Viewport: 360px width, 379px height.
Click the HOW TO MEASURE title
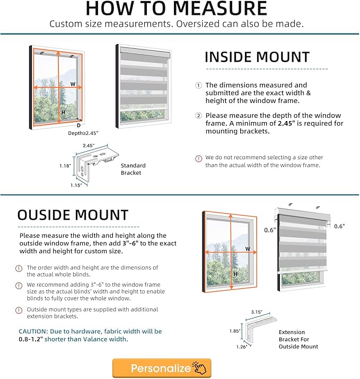(177, 9)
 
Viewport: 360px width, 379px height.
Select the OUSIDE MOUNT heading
(73, 215)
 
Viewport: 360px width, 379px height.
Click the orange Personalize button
(162, 368)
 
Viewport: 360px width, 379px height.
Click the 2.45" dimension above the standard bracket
(89, 145)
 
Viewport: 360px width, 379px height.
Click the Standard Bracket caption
(133, 169)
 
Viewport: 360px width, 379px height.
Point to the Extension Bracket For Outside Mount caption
(298, 339)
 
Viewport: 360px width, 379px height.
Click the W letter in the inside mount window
(73, 84)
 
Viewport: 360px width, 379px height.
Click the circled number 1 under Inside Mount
(199, 85)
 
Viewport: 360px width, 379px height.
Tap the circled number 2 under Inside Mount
(199, 115)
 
